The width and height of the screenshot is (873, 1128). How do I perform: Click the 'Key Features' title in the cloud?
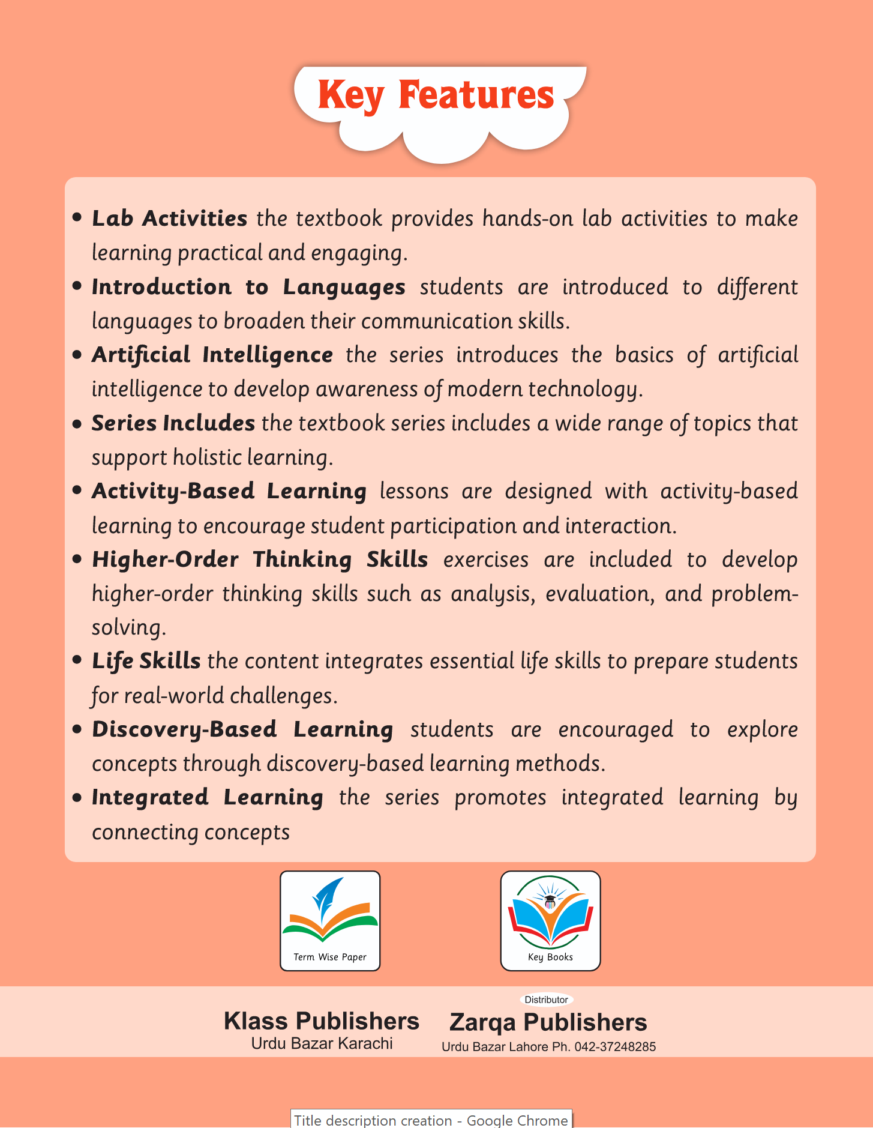[436, 95]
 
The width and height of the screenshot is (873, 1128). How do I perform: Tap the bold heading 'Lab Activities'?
[169, 219]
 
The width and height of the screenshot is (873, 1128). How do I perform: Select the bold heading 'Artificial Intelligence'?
[212, 355]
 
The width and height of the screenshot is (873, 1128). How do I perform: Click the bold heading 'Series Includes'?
[173, 423]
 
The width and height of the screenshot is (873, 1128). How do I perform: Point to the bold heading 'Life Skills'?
[146, 661]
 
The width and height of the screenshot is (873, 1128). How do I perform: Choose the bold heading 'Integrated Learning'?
[207, 797]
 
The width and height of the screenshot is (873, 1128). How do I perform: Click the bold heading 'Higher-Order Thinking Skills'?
[259, 559]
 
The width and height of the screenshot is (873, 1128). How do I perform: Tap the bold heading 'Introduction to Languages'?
[248, 287]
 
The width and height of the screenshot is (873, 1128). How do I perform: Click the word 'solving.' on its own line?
[128, 627]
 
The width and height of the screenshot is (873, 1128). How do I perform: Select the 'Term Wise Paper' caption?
[330, 957]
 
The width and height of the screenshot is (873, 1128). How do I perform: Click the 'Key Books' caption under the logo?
[550, 957]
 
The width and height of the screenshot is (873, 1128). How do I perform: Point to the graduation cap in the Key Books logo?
[550, 899]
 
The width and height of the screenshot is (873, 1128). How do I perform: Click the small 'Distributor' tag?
[546, 1000]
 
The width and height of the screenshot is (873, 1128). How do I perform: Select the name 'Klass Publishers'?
[322, 1021]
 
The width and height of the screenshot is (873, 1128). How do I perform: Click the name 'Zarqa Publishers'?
[548, 1022]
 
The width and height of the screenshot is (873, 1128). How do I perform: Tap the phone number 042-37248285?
[615, 1047]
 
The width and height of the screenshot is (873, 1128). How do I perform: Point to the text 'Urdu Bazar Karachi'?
[322, 1043]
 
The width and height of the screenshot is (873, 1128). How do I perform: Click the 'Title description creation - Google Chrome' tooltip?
[431, 1120]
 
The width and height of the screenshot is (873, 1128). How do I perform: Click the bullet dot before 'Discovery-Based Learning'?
[77, 729]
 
